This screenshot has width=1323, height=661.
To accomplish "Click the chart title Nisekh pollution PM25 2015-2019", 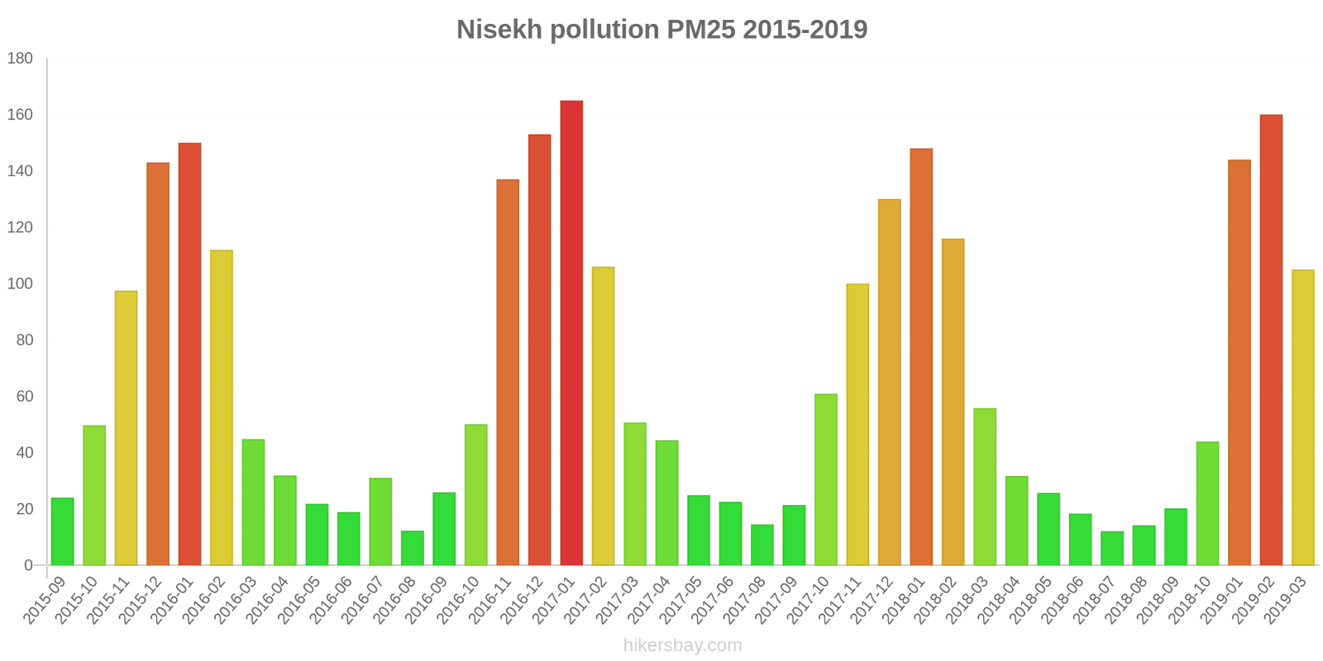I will click(661, 30).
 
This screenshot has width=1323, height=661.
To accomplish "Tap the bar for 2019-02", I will click(1271, 340).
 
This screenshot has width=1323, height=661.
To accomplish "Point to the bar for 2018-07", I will click(1112, 548).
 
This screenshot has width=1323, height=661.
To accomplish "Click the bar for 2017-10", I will click(826, 479).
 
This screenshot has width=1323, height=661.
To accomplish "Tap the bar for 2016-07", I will click(380, 521).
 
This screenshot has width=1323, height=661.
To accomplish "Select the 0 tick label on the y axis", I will click(28, 566).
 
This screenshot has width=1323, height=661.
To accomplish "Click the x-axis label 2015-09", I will click(46, 601).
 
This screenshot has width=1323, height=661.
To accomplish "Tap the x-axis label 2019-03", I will click(1287, 601).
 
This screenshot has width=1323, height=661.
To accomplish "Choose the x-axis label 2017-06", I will click(714, 601).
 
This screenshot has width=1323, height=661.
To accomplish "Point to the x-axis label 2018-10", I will click(1192, 601).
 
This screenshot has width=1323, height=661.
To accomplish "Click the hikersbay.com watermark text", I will click(682, 645).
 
